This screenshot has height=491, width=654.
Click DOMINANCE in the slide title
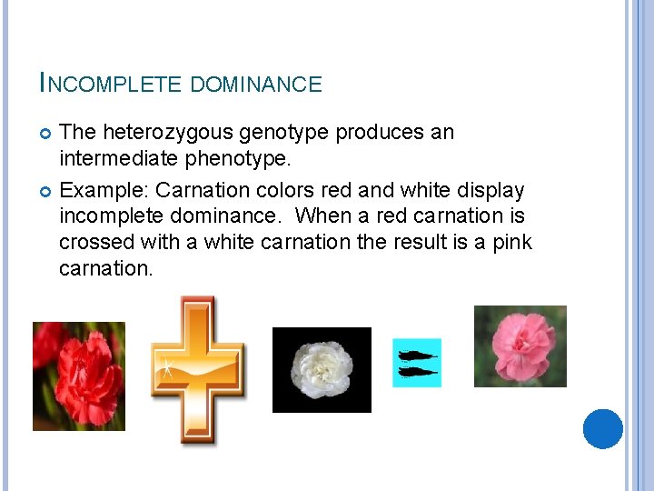click(256, 85)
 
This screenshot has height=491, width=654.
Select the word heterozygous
click(170, 133)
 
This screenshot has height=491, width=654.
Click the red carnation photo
click(79, 376)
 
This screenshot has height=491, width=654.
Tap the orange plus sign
click(196, 368)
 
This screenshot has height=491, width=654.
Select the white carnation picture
click(322, 369)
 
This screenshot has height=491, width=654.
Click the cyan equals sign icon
click(417, 363)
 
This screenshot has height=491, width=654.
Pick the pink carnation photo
click(520, 346)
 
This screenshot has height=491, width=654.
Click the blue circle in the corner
click(602, 428)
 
